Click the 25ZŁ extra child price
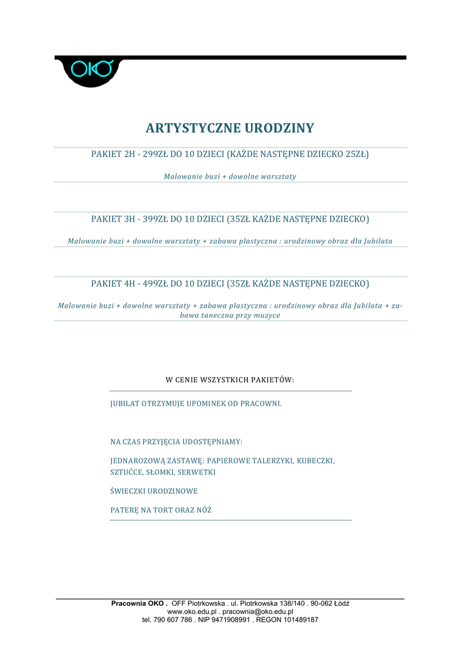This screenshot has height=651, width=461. [x=355, y=154]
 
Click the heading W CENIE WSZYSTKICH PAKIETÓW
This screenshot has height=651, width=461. [x=230, y=380]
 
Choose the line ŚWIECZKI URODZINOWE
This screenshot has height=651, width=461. [x=154, y=491]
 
